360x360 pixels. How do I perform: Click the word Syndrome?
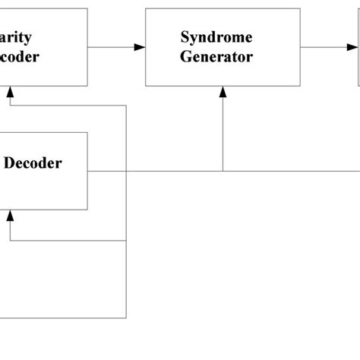216,37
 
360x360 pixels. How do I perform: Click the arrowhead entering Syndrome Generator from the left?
140,47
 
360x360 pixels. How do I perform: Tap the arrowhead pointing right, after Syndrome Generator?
352,47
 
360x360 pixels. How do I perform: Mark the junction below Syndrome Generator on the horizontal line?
223,171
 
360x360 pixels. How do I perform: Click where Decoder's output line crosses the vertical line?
126,171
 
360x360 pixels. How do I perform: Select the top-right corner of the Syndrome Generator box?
300,9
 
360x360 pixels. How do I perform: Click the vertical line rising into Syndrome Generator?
223,129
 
